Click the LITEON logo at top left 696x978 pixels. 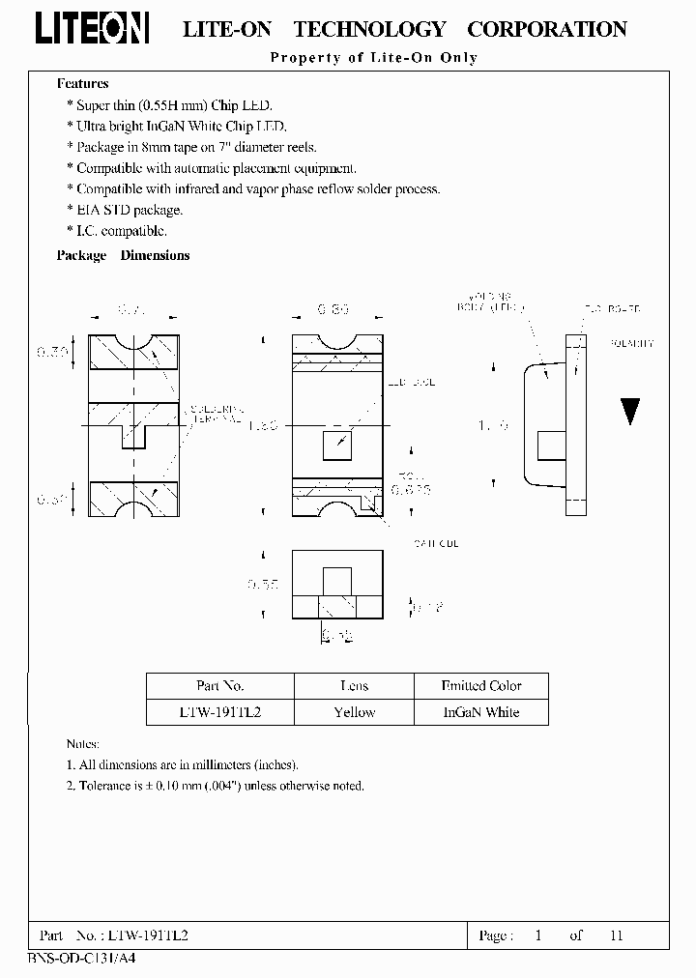93,31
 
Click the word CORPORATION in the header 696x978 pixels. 547,30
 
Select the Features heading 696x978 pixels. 83,84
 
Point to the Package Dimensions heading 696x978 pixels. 123,256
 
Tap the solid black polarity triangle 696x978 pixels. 630,412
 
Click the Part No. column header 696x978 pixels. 219,686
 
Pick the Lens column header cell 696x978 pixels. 354,686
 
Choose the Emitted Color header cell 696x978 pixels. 480,686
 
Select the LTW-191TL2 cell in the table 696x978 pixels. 219,712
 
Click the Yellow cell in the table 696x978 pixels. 354,712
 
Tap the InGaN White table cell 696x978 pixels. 480,712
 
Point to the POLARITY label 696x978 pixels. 633,344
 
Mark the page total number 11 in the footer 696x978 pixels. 617,935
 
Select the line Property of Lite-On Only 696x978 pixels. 373,58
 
